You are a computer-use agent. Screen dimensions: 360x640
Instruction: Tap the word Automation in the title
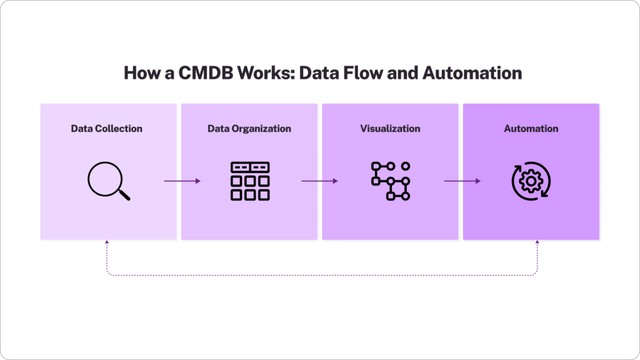click(x=472, y=72)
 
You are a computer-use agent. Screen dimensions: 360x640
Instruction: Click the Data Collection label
click(x=106, y=129)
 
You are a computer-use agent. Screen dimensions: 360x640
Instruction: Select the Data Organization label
click(x=249, y=129)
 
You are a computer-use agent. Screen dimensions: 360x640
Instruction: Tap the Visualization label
click(x=390, y=129)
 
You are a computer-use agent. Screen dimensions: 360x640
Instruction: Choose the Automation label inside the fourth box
click(x=531, y=129)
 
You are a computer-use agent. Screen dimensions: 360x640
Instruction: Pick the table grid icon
click(x=250, y=181)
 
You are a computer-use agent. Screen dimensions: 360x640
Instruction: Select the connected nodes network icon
click(x=391, y=181)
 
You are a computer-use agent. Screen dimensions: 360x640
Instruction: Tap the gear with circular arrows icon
click(x=531, y=181)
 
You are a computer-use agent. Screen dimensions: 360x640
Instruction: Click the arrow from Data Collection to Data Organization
click(x=182, y=181)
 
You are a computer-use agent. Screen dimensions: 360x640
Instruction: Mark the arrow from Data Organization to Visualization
click(x=319, y=181)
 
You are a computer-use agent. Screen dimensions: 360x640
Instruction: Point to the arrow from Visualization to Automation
click(x=462, y=181)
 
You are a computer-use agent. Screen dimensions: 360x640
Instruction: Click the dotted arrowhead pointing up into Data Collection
click(x=106, y=243)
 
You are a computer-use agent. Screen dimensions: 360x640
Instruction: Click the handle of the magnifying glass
click(x=124, y=194)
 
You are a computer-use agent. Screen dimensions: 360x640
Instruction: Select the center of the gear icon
click(x=531, y=181)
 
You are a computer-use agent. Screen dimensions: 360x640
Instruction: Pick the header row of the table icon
click(x=250, y=167)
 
